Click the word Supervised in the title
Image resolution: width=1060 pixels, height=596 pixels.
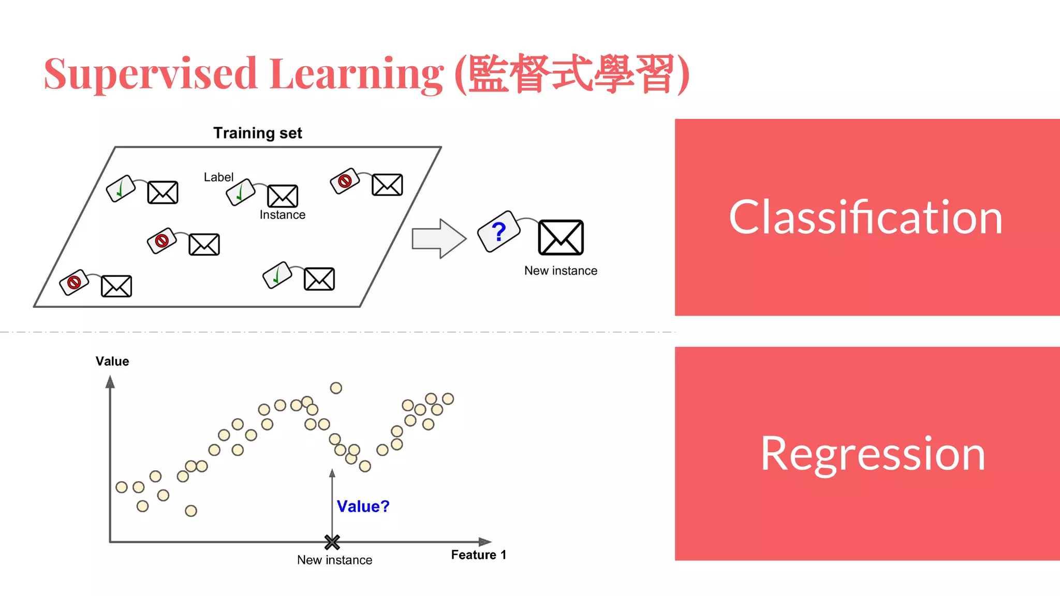click(150, 74)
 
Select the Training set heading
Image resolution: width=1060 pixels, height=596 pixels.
click(257, 133)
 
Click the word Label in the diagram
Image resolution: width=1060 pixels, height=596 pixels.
click(218, 177)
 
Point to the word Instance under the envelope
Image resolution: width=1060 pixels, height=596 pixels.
click(282, 215)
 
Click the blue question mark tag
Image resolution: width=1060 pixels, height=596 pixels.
click(498, 231)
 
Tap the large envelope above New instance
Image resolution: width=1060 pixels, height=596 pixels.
click(561, 237)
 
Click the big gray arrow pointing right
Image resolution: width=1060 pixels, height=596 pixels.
click(438, 239)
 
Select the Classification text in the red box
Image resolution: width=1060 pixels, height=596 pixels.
click(866, 217)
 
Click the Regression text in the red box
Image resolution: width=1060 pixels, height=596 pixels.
click(873, 453)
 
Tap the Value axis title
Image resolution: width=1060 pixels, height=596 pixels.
click(112, 361)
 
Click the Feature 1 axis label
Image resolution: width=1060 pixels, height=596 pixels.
click(478, 555)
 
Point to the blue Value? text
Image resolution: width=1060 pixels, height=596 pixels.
click(363, 506)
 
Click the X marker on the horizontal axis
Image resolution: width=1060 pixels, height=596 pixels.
click(332, 542)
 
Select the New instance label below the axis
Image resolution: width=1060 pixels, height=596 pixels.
click(334, 560)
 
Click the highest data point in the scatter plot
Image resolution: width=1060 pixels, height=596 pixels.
click(336, 388)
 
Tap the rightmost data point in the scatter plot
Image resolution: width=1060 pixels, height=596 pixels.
click(448, 399)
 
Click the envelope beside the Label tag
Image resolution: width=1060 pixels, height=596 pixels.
click(282, 196)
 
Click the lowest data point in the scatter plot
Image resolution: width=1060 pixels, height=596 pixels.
click(191, 511)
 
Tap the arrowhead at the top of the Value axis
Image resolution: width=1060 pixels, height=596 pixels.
click(110, 382)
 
